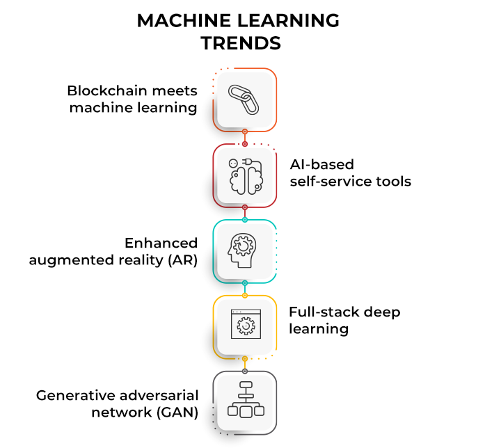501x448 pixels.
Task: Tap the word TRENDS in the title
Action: [241, 43]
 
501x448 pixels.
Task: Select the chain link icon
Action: [244, 99]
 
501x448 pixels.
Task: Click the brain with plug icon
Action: [244, 175]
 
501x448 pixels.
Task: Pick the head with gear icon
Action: [244, 251]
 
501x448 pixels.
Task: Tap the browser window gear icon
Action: [244, 326]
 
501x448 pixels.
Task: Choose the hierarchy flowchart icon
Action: [244, 401]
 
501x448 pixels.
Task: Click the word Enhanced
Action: [161, 243]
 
